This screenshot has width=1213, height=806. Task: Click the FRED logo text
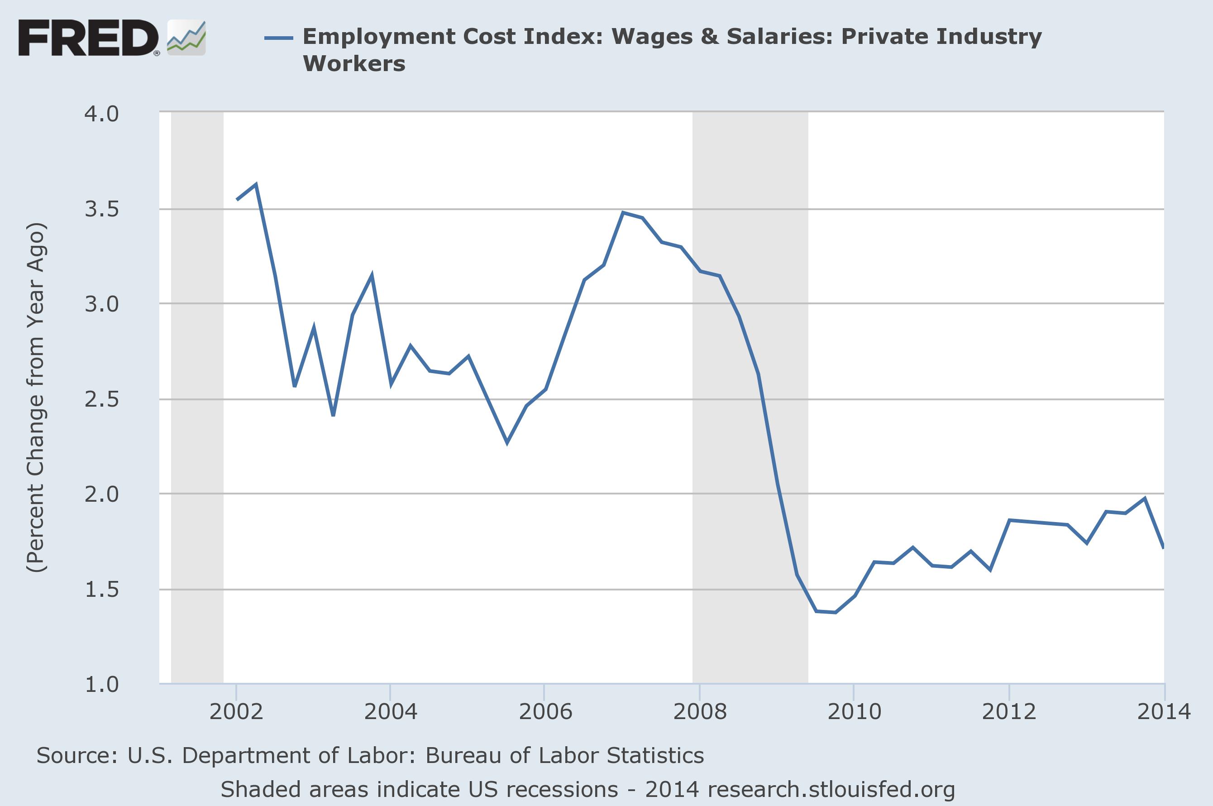(x=88, y=38)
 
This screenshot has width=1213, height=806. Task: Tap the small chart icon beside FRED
(x=186, y=38)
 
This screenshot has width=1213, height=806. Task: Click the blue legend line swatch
(x=278, y=38)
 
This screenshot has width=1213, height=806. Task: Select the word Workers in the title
(x=354, y=64)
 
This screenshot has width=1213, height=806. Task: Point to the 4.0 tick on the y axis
(x=102, y=114)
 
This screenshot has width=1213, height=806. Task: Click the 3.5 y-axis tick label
(x=102, y=209)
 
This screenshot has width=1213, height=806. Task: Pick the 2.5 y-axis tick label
(x=102, y=399)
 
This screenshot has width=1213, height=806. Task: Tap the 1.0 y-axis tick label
(x=102, y=684)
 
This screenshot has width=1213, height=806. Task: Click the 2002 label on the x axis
(x=236, y=712)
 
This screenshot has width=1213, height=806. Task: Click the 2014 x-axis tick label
(x=1164, y=712)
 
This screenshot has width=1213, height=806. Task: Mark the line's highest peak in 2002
(x=255, y=184)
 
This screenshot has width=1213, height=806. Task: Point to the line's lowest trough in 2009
(x=836, y=612)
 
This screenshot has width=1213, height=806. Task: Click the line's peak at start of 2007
(x=623, y=212)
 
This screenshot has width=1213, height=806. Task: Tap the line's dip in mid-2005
(x=507, y=442)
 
